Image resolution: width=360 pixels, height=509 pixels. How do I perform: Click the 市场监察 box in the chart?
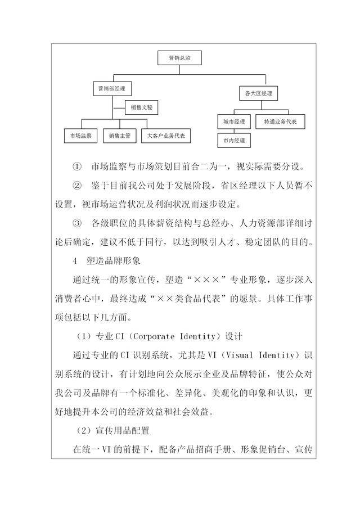click(81, 136)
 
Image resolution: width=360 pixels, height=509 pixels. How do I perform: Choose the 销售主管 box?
click(119, 136)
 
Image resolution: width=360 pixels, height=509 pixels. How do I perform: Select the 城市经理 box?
click(233, 121)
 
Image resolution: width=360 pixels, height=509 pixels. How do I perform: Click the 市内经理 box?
click(233, 139)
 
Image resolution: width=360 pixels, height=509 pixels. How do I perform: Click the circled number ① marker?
click(77, 167)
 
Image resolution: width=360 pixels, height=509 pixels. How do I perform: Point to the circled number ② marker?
click(77, 185)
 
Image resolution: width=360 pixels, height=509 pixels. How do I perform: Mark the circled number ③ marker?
click(77, 224)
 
